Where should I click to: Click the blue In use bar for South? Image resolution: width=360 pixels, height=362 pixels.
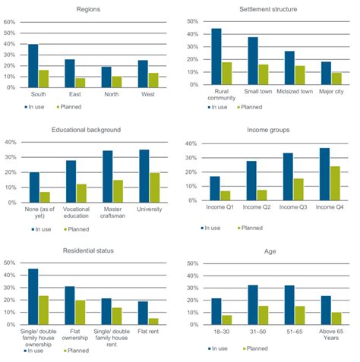tap(33, 65)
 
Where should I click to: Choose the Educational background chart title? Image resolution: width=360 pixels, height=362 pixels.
tap(93, 130)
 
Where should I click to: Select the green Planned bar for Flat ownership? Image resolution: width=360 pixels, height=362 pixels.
tap(81, 313)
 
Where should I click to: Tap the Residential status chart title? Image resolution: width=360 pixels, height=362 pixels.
tap(93, 250)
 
